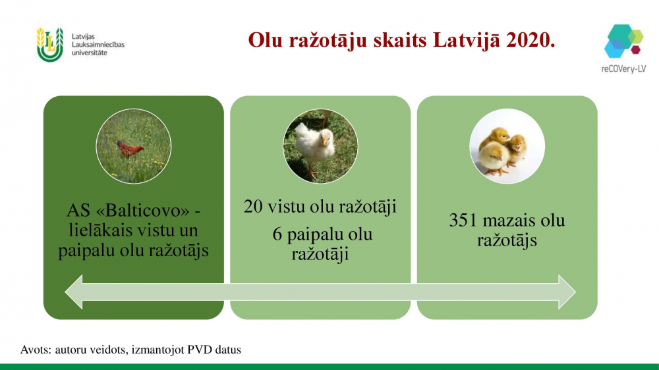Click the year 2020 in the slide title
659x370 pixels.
[530, 40]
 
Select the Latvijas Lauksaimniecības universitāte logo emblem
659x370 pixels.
[50, 45]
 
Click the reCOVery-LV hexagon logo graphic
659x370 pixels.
[623, 41]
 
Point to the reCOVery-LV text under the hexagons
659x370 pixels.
[623, 69]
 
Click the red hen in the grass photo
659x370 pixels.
[129, 148]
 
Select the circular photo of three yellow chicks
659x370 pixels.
[507, 146]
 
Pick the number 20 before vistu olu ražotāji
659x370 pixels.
[254, 207]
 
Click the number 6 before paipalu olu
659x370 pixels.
[277, 234]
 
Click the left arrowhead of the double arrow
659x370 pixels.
[74, 292]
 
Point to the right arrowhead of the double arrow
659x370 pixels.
[567, 292]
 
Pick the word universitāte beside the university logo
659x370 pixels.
[90, 53]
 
